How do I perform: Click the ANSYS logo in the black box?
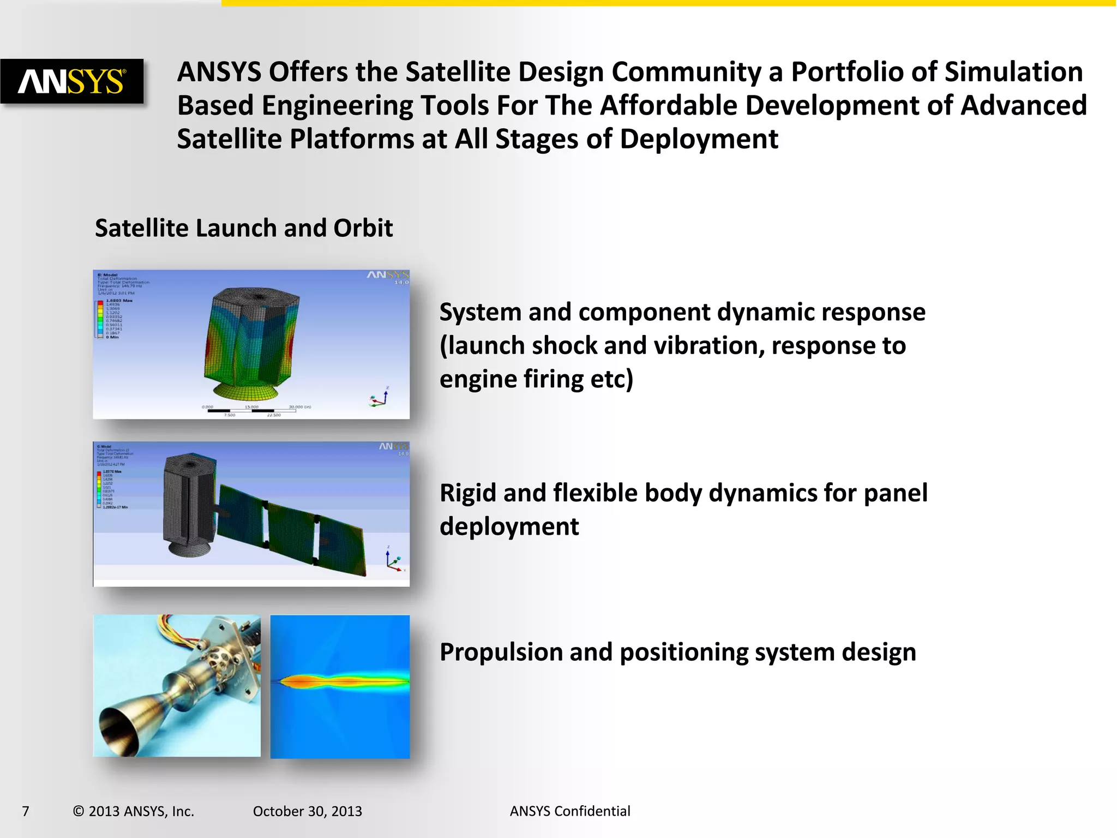tap(72, 82)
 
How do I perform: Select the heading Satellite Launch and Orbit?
tap(243, 228)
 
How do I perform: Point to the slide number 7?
tap(26, 811)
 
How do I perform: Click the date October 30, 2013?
tap(307, 811)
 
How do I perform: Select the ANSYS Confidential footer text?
tap(569, 811)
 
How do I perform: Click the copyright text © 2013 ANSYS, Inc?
tap(133, 811)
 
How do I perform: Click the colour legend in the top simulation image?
tap(100, 319)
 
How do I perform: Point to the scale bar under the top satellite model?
tap(252, 410)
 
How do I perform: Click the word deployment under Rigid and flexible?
tap(509, 527)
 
